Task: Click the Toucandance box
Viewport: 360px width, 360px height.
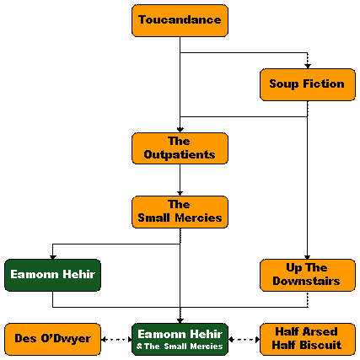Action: [180, 20]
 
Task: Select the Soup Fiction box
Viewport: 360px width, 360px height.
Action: [308, 84]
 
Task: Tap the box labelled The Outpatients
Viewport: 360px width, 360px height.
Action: [180, 148]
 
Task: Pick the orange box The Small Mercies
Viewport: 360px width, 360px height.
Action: [180, 212]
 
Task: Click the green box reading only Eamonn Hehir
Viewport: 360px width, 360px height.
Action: [52, 275]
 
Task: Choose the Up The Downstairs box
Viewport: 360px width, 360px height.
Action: [308, 275]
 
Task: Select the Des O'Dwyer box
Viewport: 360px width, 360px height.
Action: [52, 339]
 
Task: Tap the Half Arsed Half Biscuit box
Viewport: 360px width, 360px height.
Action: [308, 339]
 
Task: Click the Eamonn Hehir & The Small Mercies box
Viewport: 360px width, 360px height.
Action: [180, 339]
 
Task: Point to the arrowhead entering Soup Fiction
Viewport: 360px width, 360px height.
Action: [308, 66]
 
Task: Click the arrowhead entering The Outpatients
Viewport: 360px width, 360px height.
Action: [180, 130]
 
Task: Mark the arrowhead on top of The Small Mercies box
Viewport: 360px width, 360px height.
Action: [180, 193]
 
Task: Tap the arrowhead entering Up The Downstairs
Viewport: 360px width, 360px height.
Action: [308, 257]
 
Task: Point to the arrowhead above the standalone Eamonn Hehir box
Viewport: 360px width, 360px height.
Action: [53, 257]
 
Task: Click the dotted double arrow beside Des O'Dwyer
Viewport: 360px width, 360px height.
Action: [116, 340]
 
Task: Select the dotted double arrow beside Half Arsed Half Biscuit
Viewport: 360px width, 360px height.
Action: [244, 340]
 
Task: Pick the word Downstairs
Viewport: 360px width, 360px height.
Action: [306, 281]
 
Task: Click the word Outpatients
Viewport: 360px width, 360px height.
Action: [180, 155]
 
